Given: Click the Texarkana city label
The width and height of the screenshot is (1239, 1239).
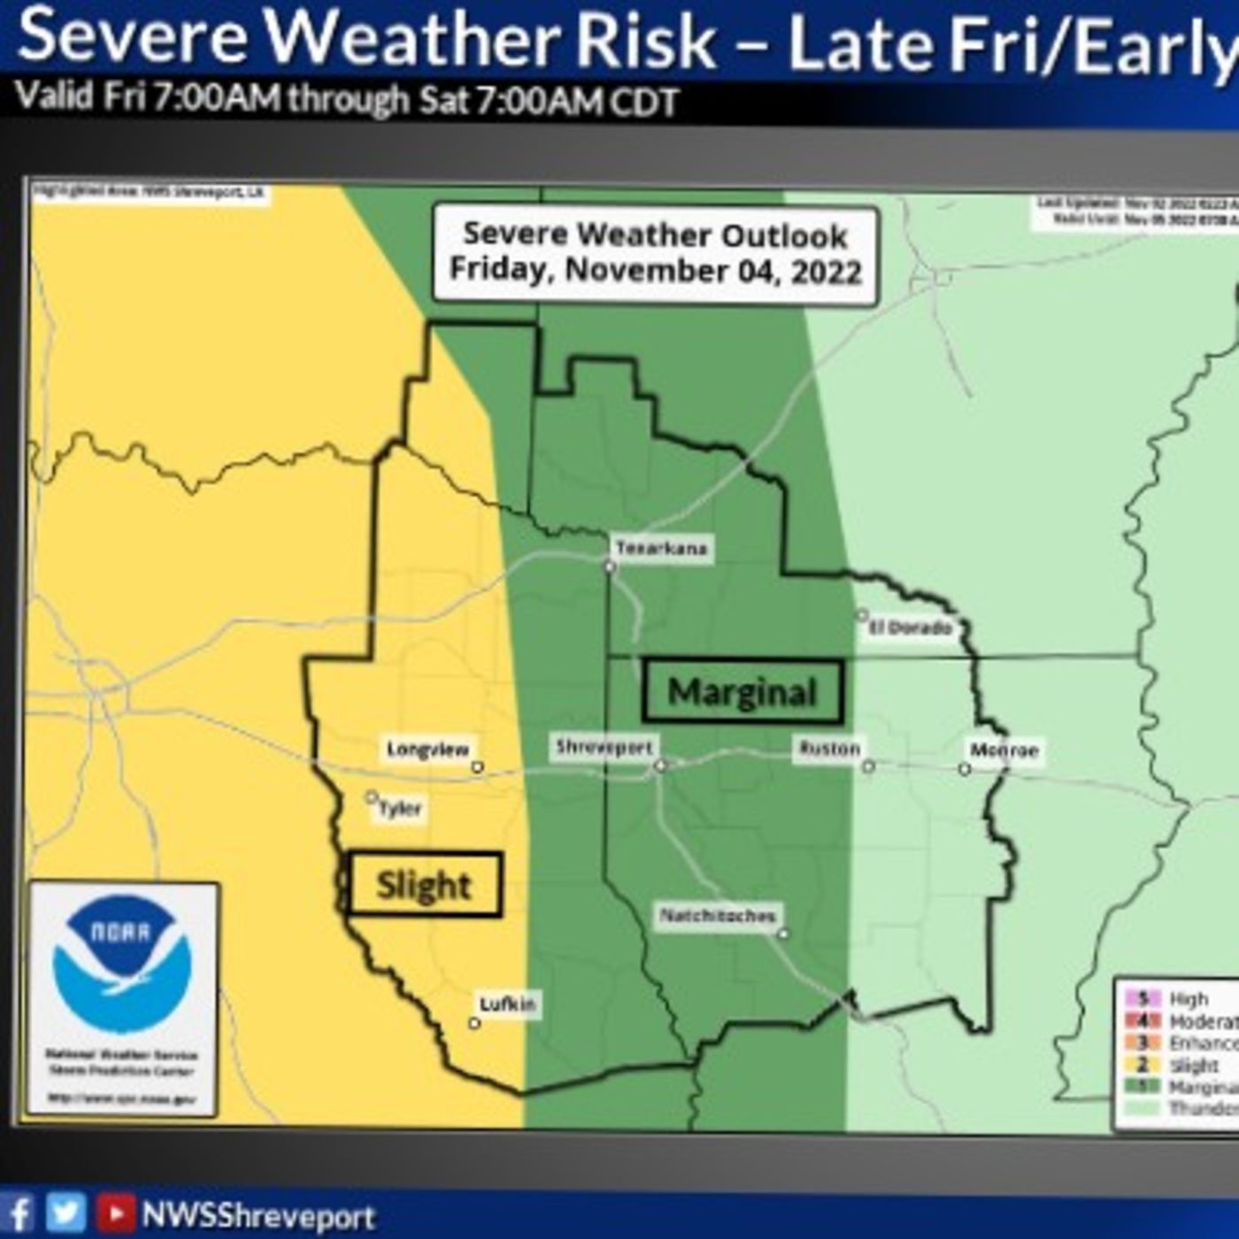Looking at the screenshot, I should [x=661, y=549].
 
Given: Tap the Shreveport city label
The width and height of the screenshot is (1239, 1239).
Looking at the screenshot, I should [x=604, y=748].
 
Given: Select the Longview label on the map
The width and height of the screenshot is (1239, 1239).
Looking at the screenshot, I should [x=427, y=750].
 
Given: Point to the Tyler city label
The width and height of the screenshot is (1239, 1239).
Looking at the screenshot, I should [x=400, y=809].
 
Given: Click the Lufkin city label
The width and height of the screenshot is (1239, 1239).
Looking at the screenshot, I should [x=507, y=1004].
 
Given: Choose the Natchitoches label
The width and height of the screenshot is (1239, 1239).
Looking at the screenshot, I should [x=718, y=916].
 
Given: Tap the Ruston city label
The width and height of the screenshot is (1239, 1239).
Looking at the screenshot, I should [x=829, y=749].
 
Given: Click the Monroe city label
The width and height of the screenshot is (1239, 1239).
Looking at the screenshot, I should [x=1004, y=750].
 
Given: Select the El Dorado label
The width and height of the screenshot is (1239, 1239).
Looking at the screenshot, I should [x=910, y=627].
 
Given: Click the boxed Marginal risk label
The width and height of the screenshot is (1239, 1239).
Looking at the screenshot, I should [x=742, y=691].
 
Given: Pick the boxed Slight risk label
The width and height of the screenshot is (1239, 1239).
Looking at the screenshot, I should [x=424, y=885].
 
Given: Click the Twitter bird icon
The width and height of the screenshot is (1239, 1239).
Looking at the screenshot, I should [x=66, y=1213].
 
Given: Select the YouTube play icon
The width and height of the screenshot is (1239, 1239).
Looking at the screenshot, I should [x=115, y=1213].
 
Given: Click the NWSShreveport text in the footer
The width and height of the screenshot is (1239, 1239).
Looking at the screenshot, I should [x=258, y=1216].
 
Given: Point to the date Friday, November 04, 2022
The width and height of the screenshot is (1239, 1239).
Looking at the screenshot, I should [x=655, y=269].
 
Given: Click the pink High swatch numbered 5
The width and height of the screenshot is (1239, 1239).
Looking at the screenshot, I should [x=1143, y=999].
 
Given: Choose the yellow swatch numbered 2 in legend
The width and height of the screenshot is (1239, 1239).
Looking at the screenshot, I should [x=1143, y=1066].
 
